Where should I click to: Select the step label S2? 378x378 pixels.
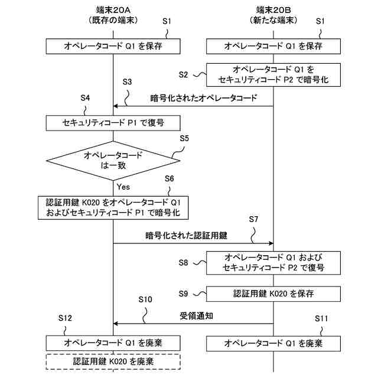coord(184,74)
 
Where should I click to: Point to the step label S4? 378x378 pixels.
coord(84,97)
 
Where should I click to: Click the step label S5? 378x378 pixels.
coord(184,139)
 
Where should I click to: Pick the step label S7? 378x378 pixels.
coord(253,219)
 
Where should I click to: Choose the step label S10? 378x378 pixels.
coord(145,300)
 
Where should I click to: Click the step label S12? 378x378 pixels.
coord(66,318)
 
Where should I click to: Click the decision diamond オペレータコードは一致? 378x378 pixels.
coord(113,160)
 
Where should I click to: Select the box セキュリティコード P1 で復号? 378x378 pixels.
coord(113,123)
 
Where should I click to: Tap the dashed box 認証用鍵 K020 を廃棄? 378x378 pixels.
coord(113,360)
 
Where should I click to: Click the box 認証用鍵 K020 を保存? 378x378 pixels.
coord(273,293)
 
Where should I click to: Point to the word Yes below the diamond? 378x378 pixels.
coord(123,187)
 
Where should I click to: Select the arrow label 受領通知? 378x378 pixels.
coord(197,316)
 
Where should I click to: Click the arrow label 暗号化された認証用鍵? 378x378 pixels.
coord(187,235)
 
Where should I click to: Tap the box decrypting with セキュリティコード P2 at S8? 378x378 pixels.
coord(273,263)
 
